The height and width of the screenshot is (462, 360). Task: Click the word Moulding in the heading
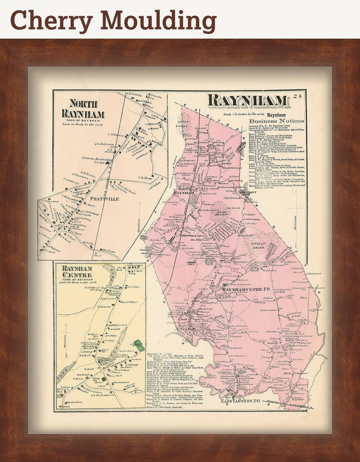tap(155, 21)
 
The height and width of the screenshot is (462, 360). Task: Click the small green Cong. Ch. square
tap(103, 379)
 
